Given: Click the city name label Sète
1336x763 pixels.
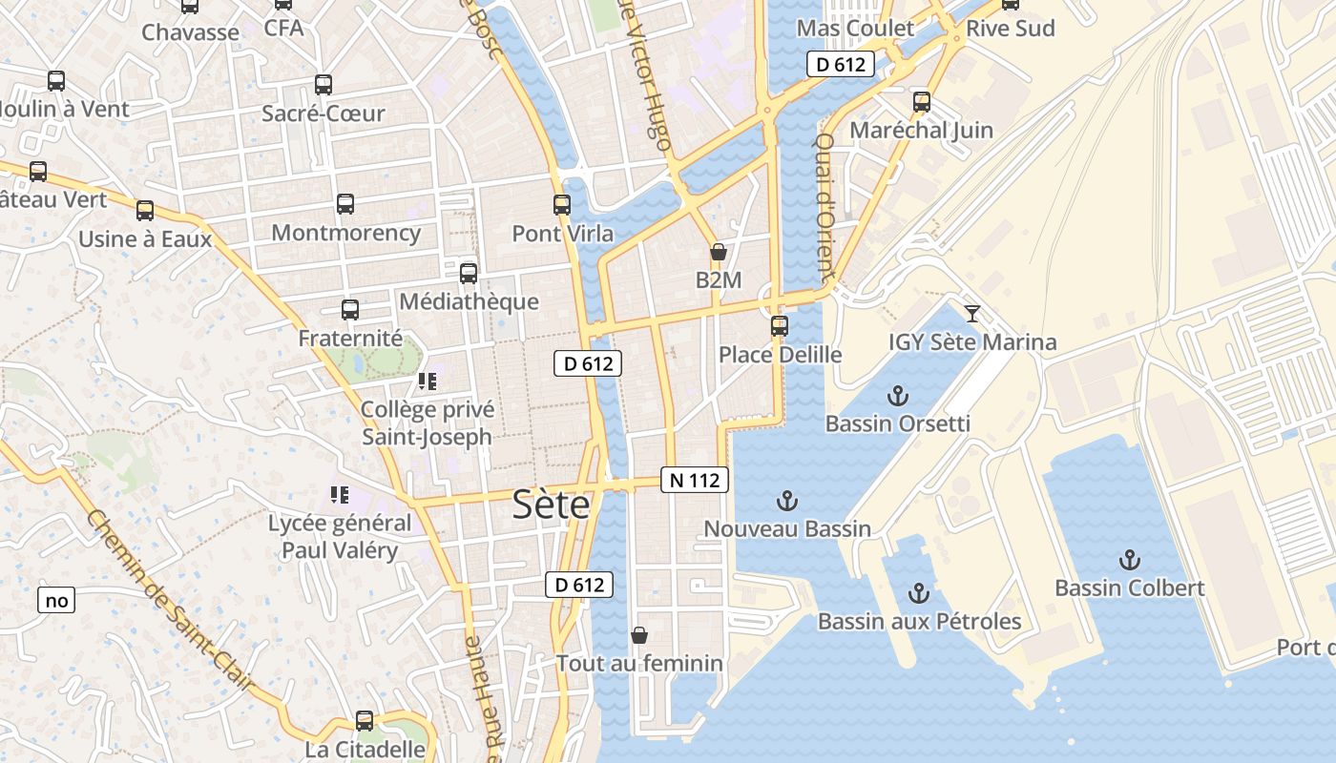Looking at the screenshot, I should tap(551, 505).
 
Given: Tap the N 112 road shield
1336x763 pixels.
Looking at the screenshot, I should tap(694, 480).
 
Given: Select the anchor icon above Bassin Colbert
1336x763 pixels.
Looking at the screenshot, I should tap(1130, 560).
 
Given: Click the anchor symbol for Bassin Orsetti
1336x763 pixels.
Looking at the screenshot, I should tap(897, 396).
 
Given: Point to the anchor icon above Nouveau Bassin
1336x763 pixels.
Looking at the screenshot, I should tap(786, 501).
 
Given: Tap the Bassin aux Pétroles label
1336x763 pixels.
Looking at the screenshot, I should tap(919, 622).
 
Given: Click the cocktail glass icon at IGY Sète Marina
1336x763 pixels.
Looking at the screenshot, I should tap(972, 314).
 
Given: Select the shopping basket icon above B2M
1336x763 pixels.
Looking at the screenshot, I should tap(718, 253).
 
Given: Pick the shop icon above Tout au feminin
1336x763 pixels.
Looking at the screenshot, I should tap(639, 635).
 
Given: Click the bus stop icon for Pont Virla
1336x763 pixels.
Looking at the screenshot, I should tap(562, 205).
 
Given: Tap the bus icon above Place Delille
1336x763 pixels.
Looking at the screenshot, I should tap(780, 326).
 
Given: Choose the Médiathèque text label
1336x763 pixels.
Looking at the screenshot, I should tap(469, 301).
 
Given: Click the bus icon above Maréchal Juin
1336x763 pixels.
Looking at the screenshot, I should tap(921, 102).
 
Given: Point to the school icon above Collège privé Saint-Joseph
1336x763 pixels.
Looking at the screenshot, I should tap(427, 382).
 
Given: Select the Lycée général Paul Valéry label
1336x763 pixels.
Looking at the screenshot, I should tap(339, 537).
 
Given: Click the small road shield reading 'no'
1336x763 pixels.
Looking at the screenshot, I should tap(56, 600).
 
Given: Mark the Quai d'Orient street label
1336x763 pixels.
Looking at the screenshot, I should tap(824, 205).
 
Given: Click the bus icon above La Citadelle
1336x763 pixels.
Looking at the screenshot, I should tap(365, 721).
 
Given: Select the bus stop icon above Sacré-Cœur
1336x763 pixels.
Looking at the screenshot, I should tap(324, 85).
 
